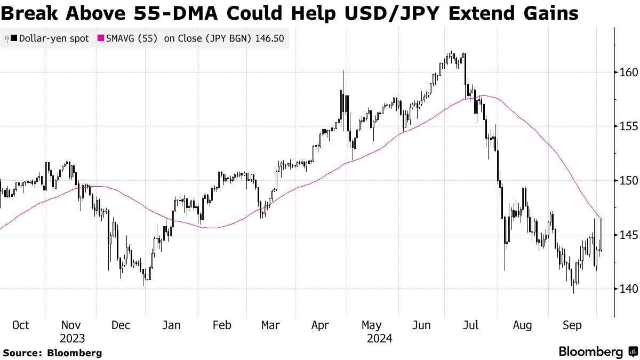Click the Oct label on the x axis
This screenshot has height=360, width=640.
coord(20,325)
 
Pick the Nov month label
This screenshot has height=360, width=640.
coord(71,325)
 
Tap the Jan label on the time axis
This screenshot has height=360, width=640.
coord(172,325)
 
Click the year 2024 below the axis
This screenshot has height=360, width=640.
coord(379,338)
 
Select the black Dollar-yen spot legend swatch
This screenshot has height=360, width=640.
coord(13,38)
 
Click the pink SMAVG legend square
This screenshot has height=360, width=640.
coord(100,38)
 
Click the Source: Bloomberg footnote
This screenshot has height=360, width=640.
coord(52,353)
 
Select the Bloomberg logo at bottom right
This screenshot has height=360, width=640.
coord(598,351)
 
